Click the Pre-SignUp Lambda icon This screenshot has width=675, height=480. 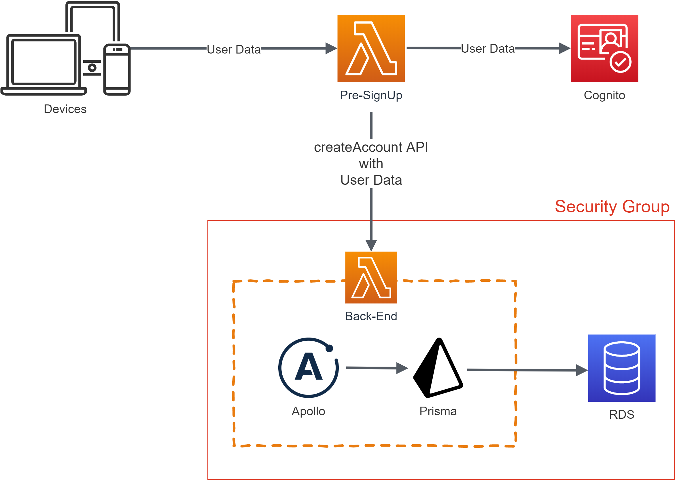371,48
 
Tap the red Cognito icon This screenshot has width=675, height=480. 604,48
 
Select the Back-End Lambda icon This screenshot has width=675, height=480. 371,277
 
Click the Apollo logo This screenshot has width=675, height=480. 308,367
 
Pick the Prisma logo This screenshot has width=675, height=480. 438,368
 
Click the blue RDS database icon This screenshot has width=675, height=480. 621,368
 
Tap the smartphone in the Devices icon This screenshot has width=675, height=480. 117,69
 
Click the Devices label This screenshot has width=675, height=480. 65,109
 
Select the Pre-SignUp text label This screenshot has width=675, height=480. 371,95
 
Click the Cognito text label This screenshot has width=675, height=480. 604,96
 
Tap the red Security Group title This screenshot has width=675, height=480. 612,207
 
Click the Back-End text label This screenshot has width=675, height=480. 371,316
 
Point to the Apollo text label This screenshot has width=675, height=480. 308,412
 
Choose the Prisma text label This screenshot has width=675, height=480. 438,411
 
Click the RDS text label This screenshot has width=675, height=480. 621,414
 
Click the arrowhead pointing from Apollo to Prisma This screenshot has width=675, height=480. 402,368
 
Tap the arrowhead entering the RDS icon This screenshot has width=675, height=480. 582,370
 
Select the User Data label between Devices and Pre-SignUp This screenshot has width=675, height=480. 233,49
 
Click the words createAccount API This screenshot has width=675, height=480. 371,147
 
